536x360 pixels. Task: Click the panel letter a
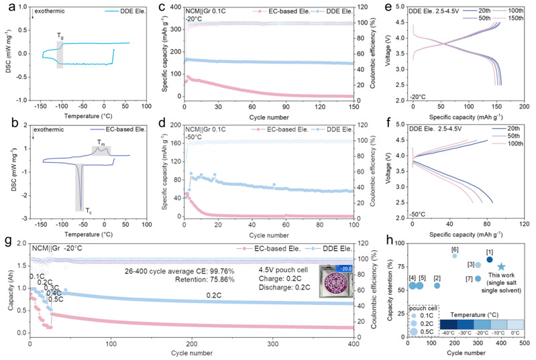click(x=6, y=7)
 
